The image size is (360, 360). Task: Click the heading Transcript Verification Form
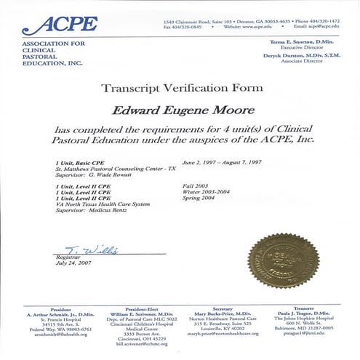pos(180,90)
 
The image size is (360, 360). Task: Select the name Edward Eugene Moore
pos(180,110)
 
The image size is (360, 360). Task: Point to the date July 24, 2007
pos(71,264)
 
